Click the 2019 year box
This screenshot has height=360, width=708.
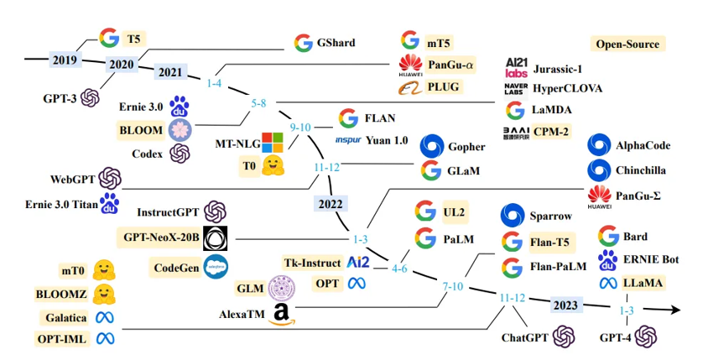pos(64,60)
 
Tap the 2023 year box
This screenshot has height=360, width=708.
pos(569,305)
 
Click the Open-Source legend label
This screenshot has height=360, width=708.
pos(627,44)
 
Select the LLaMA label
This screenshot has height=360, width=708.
pos(642,284)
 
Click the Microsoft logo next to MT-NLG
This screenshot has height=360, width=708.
pos(273,142)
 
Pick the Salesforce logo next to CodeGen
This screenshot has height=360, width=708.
pos(216,266)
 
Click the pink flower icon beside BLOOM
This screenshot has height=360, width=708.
pos(180,130)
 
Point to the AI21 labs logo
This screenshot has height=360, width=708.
pos(516,68)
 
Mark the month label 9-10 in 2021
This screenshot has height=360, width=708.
pos(300,127)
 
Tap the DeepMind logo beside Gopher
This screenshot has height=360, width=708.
pos(431,146)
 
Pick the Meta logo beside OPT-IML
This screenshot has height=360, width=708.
pos(105,339)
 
